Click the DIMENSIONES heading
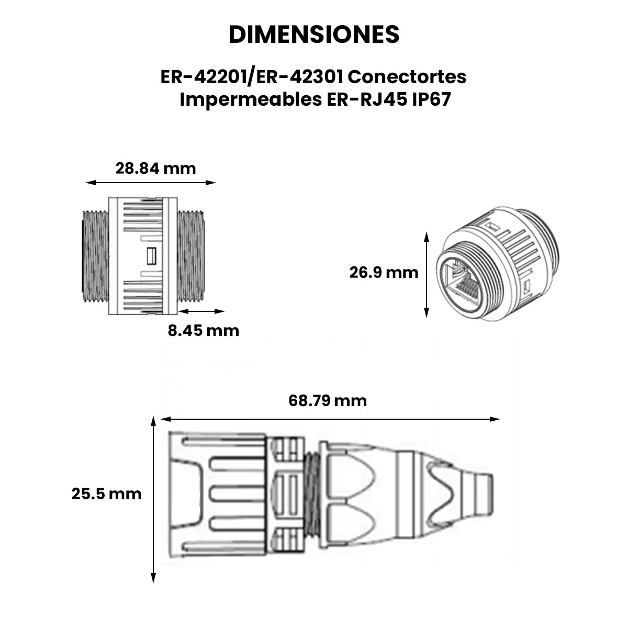[314, 34]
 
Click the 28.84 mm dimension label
[156, 169]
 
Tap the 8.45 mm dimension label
[204, 330]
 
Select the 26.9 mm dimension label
[384, 273]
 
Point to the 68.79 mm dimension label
[328, 400]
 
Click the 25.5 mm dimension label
[107, 494]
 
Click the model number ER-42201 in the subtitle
[204, 77]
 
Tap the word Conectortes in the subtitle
[407, 77]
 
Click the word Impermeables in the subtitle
[251, 100]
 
